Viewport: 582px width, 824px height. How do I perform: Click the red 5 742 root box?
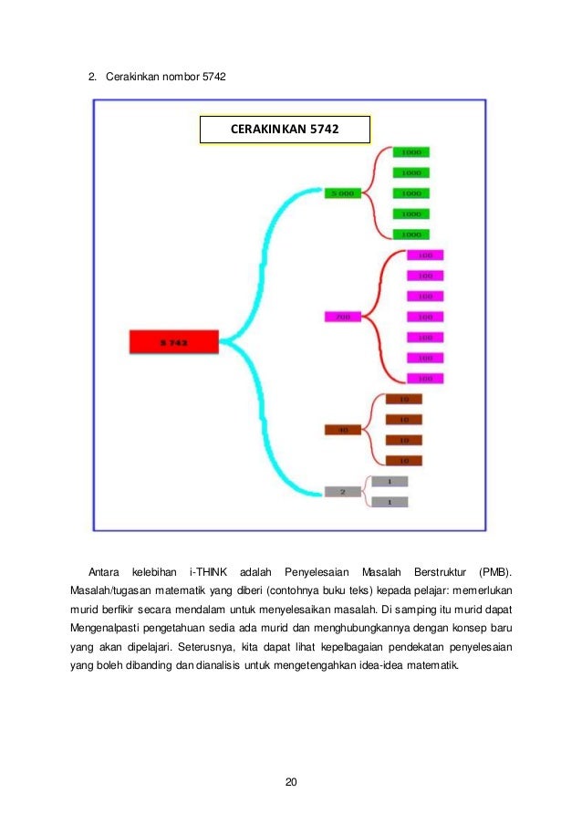(173, 342)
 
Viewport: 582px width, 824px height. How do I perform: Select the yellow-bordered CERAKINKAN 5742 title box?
(285, 130)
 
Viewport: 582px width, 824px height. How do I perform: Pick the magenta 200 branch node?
(342, 317)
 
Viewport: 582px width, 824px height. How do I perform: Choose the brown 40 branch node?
(343, 430)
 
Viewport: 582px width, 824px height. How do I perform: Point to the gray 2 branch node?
(342, 492)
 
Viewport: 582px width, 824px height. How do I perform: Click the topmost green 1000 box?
(411, 152)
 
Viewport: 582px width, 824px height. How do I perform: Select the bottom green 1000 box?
(411, 233)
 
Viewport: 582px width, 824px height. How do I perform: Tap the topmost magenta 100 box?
(424, 256)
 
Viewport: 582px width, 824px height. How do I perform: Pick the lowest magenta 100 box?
(424, 378)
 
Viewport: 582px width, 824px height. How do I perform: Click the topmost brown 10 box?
(403, 399)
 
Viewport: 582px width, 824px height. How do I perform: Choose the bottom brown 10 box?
(403, 460)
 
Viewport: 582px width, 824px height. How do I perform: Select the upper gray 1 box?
(390, 481)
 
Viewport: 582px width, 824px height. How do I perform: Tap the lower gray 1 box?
(390, 502)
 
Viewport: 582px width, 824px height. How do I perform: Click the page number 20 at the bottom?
(291, 782)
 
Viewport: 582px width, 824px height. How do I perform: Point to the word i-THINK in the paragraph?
(208, 572)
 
